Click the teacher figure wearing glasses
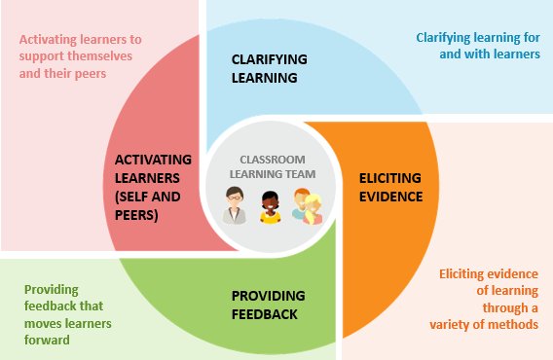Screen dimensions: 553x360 [x=234, y=206]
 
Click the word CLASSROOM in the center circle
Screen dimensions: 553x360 [x=275, y=159]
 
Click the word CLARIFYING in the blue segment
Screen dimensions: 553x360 [x=269, y=60]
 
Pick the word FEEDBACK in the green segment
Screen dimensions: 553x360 [x=264, y=313]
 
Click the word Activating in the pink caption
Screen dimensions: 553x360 [x=47, y=40]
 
